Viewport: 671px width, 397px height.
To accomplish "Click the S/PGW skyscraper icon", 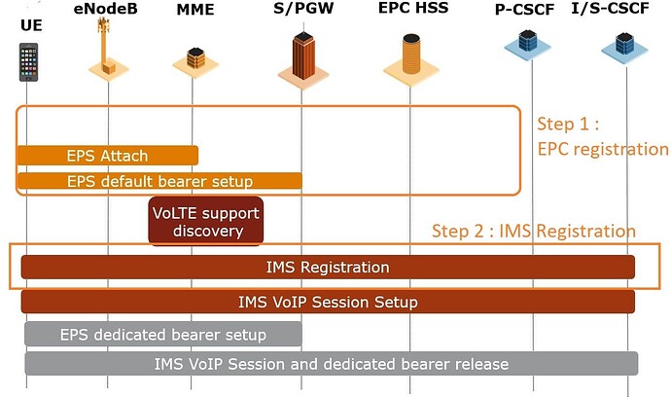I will click(301, 54).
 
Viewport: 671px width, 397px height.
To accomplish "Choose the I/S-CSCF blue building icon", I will click(618, 45).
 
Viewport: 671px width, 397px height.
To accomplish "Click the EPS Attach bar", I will click(107, 156).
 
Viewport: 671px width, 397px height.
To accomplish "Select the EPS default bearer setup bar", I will click(159, 181).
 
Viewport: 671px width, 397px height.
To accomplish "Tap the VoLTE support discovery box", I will click(206, 221).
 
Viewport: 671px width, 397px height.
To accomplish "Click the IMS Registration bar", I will click(328, 267).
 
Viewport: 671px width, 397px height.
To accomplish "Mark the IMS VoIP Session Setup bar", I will click(328, 302).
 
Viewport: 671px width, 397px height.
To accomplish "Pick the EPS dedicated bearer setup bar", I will click(162, 335).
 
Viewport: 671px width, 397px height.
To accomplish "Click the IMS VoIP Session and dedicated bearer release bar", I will click(331, 364).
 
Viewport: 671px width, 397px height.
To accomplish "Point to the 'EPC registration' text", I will click(603, 149).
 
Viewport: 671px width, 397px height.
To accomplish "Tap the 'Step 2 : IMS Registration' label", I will click(534, 232).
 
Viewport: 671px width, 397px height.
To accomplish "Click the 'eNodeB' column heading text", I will click(105, 9).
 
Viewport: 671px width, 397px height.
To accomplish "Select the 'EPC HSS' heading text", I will click(412, 9).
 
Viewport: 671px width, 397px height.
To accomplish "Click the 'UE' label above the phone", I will click(31, 24).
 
